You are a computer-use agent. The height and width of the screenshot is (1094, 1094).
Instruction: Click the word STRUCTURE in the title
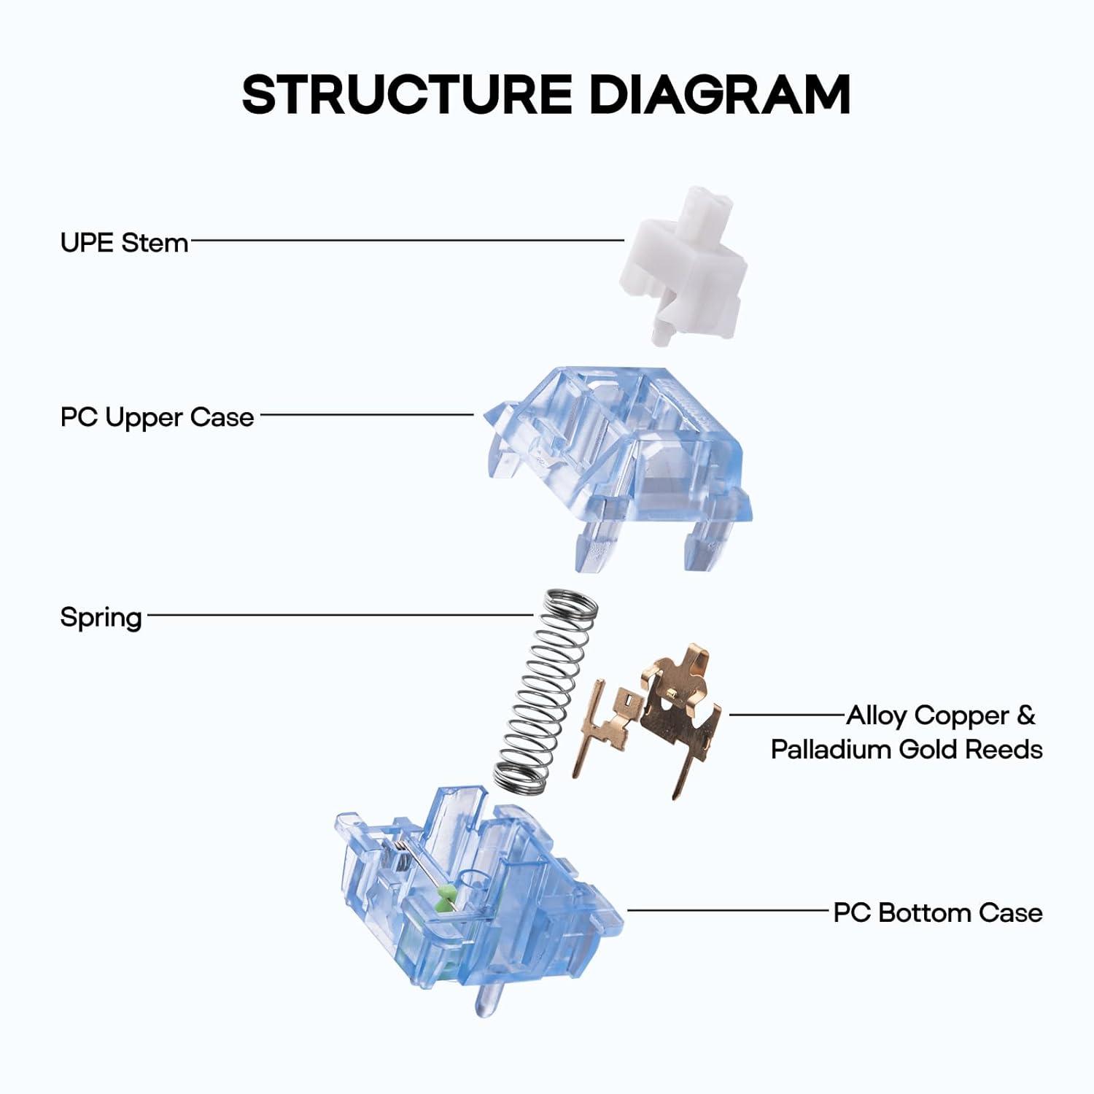406,94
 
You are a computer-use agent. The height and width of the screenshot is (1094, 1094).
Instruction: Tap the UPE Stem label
124,242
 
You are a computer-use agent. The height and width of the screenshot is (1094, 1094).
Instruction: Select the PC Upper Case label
157,417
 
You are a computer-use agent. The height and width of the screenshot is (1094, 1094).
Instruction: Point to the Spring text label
101,617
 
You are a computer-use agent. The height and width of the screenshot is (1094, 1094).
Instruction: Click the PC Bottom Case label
937,912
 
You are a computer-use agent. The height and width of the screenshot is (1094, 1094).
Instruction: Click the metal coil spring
543,693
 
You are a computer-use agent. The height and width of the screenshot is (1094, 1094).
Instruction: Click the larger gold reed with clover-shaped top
678,707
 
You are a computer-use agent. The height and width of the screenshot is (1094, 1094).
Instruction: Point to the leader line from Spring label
339,615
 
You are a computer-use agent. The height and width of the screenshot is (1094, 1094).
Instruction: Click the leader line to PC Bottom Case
729,910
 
